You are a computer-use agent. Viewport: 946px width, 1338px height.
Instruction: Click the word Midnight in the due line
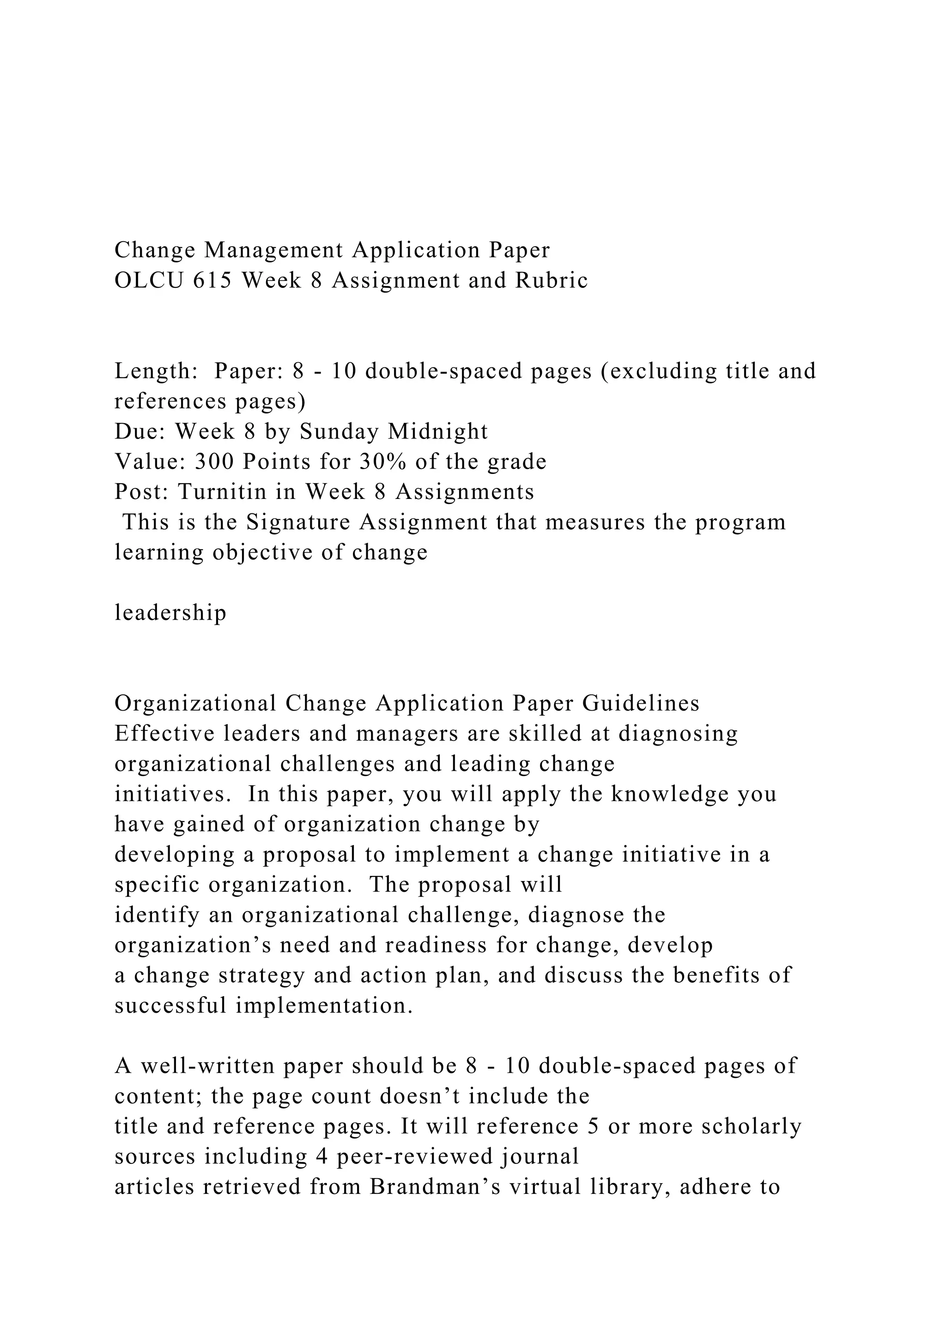[x=437, y=431]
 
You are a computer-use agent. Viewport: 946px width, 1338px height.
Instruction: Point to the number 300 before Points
[x=213, y=462]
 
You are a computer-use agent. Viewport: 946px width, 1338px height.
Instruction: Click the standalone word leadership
[x=170, y=613]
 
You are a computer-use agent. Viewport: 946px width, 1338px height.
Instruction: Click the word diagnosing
[x=678, y=734]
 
